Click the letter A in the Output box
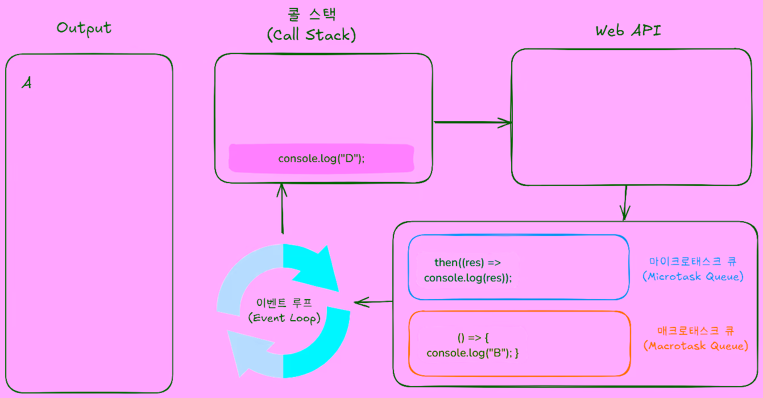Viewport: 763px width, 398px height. pos(27,83)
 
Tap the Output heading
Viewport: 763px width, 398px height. pos(84,28)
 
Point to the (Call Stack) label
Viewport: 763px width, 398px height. pos(311,35)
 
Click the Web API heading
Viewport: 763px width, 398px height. pos(628,31)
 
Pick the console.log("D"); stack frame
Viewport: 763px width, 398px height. pos(321,159)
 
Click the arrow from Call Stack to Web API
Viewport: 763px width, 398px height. pos(472,122)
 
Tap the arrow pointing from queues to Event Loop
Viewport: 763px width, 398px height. pos(373,302)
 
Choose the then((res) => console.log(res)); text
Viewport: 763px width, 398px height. pos(468,270)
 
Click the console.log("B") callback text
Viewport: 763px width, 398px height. pos(473,345)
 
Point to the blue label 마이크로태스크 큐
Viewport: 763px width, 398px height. pos(693,262)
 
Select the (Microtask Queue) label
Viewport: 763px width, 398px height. pos(693,277)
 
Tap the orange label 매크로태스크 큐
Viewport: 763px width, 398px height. pos(695,330)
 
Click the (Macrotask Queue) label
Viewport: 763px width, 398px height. pos(695,346)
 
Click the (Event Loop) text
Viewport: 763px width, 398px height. pos(284,318)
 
